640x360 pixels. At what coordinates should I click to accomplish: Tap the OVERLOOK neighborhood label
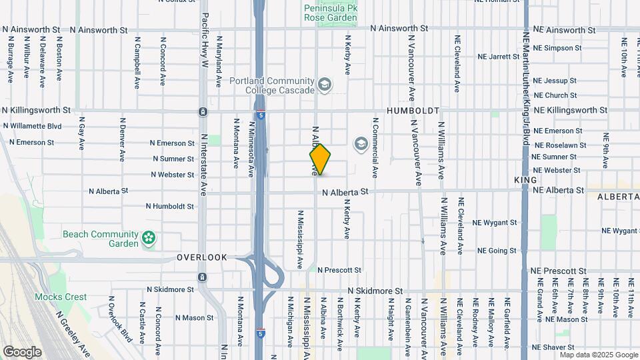pos(202,257)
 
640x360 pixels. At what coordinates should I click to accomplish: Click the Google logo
pos(22,351)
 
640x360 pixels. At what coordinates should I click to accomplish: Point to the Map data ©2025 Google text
pos(598,354)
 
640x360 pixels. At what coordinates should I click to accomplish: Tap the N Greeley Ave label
pos(73,334)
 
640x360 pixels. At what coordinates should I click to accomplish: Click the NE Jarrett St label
pos(499,57)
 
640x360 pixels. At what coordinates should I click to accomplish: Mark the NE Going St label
pos(497,251)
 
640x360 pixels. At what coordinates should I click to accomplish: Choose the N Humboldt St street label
pos(163,206)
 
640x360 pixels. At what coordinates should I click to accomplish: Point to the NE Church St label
pos(555,95)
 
